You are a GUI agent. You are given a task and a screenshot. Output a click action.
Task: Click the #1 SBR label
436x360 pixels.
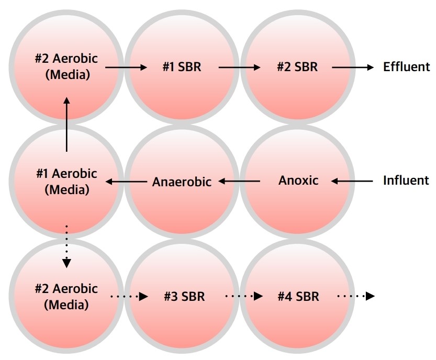[182, 67]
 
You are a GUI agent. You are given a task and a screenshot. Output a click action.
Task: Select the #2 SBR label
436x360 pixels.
[297, 67]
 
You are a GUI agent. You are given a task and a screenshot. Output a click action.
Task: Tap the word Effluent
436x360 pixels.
[407, 67]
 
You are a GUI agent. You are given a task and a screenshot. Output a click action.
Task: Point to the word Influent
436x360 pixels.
[406, 180]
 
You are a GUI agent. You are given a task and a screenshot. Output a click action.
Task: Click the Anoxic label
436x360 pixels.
[298, 181]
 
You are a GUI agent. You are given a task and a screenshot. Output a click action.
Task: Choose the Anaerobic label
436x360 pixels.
[182, 182]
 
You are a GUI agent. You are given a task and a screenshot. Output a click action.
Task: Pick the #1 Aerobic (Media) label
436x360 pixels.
[67, 182]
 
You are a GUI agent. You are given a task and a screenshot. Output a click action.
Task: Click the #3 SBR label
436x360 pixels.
[184, 297]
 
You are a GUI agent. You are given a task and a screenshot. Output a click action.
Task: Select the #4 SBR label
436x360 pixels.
[298, 297]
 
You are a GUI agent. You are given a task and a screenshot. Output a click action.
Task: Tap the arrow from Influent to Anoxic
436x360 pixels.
[352, 181]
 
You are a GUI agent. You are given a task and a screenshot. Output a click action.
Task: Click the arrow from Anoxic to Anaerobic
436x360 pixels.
[239, 181]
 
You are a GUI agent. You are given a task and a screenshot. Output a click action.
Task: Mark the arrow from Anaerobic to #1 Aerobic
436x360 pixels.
[126, 182]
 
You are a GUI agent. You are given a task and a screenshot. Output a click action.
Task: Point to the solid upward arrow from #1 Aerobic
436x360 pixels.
[67, 124]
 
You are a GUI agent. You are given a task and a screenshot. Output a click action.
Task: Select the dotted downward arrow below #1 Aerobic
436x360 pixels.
[66, 246]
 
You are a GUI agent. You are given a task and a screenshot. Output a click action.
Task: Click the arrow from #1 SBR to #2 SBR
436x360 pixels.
[239, 67]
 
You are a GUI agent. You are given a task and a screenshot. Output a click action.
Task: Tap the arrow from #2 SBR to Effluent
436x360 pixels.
[353, 67]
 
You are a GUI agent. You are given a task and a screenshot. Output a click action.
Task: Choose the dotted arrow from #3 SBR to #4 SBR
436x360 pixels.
[244, 296]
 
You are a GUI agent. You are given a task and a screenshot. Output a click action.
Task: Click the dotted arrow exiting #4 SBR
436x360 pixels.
[356, 296]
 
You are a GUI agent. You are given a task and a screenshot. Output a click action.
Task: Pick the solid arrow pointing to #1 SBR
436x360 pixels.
[126, 67]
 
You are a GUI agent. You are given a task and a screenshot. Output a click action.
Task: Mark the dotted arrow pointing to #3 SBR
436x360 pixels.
[129, 297]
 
